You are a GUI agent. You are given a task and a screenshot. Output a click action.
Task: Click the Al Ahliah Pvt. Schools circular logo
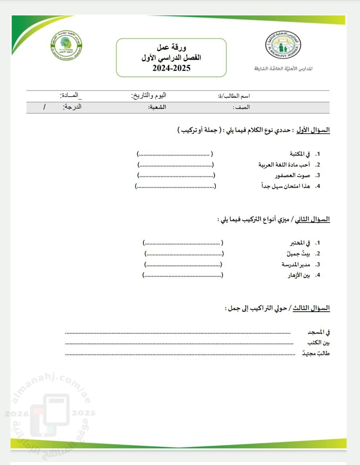[283, 47]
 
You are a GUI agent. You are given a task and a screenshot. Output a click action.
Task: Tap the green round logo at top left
[66, 45]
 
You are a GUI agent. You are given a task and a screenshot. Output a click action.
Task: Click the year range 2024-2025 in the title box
[171, 68]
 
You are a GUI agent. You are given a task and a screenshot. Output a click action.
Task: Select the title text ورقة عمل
[171, 47]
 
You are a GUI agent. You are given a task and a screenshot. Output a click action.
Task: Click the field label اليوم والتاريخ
[148, 96]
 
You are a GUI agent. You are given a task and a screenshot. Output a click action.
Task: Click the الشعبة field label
[157, 107]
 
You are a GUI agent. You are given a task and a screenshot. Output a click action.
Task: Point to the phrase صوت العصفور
[292, 175]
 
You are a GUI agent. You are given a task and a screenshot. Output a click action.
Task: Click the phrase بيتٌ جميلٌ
[298, 254]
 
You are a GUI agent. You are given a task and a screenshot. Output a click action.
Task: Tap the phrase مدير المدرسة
[296, 264]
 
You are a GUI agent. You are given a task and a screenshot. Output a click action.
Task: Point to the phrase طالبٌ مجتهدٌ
[316, 353]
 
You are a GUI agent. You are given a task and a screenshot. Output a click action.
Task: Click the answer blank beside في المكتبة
[175, 154]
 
